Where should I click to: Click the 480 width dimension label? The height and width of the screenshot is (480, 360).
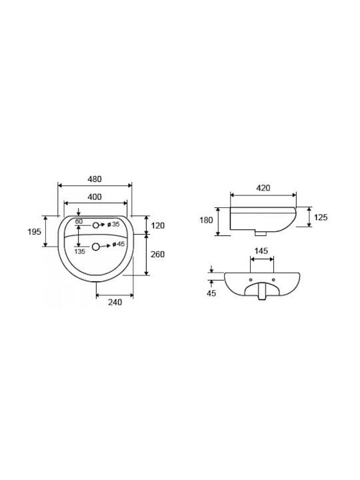pyautogui.click(x=95, y=179)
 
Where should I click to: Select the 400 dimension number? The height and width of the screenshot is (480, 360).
pyautogui.click(x=95, y=197)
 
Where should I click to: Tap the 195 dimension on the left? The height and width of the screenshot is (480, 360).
pyautogui.click(x=34, y=232)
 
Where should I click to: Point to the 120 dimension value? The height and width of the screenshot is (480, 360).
pyautogui.click(x=157, y=225)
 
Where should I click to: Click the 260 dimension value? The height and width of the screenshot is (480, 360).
pyautogui.click(x=157, y=254)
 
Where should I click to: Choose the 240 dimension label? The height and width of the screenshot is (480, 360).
pyautogui.click(x=115, y=302)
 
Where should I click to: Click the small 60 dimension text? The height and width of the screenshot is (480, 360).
pyautogui.click(x=79, y=221)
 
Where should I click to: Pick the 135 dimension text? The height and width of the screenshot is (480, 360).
pyautogui.click(x=79, y=251)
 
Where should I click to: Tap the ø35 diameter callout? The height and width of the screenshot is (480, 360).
pyautogui.click(x=113, y=225)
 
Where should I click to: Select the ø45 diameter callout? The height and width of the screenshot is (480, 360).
pyautogui.click(x=119, y=244)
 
